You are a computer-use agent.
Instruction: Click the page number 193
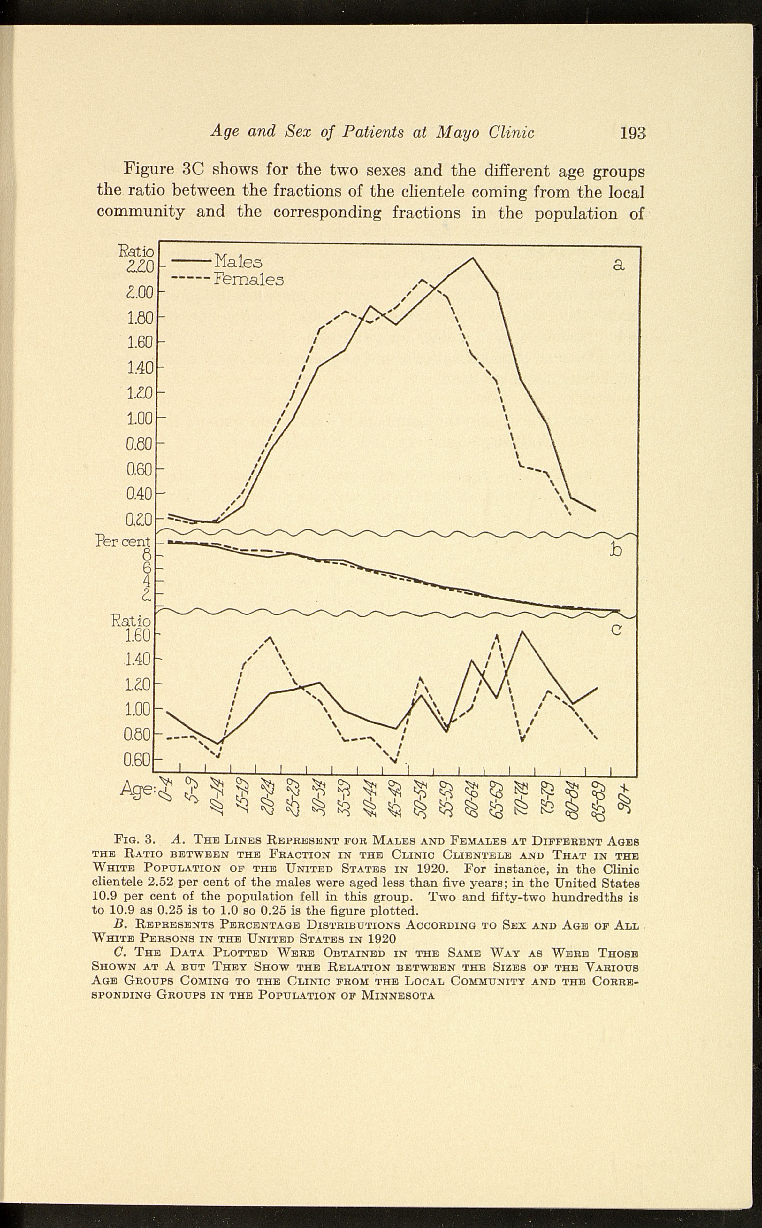point(632,133)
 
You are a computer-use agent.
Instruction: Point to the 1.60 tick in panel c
point(138,635)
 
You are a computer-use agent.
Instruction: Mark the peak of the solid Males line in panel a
point(472,258)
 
